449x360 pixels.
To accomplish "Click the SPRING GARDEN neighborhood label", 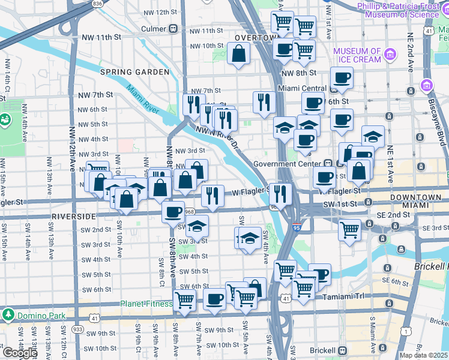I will click(134, 72).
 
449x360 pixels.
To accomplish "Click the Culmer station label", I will click(157, 29).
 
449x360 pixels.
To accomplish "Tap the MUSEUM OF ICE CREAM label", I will click(357, 55).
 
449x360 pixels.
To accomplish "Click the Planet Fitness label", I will click(146, 304).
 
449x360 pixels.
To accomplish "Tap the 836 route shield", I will click(97, 4).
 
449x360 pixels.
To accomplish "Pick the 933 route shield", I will click(77, 329).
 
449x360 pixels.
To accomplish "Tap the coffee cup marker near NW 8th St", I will click(342, 77).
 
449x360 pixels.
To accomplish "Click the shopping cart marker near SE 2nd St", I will click(349, 230).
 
